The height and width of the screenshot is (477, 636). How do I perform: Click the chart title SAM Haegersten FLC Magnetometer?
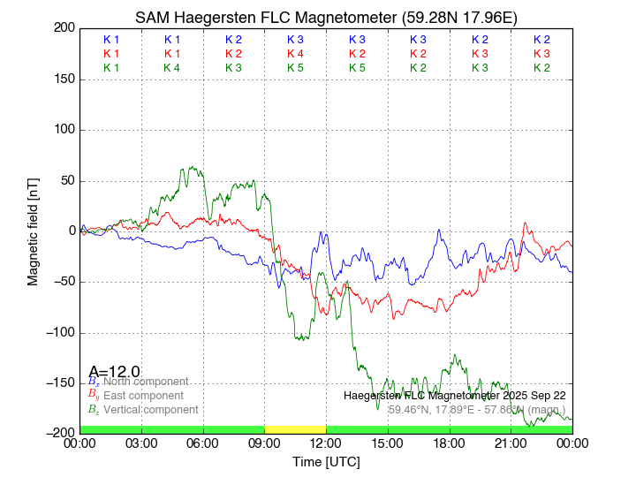point(326,18)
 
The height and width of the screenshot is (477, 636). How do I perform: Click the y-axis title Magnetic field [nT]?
point(33,231)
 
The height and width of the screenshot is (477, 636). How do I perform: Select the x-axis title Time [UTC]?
point(326,462)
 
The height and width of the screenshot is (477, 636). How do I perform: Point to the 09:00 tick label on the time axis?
point(264,443)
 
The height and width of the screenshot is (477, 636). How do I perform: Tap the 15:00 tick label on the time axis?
point(388,443)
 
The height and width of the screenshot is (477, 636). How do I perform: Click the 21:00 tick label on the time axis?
point(511,443)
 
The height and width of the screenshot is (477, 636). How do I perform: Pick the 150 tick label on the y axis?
point(64,79)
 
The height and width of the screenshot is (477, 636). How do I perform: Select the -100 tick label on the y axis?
point(60,333)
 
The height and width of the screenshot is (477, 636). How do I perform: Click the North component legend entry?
point(146,382)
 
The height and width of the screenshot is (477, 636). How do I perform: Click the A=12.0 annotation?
point(114,371)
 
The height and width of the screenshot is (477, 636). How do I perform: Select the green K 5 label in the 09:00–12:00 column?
point(295,68)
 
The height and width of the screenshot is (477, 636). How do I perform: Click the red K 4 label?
point(295,54)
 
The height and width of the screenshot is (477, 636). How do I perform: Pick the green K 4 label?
point(172,68)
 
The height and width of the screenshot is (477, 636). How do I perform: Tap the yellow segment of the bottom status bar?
point(295,429)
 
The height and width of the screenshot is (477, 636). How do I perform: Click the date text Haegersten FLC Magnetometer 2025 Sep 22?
point(455,396)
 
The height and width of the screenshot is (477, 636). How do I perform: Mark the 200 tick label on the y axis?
point(64,28)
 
